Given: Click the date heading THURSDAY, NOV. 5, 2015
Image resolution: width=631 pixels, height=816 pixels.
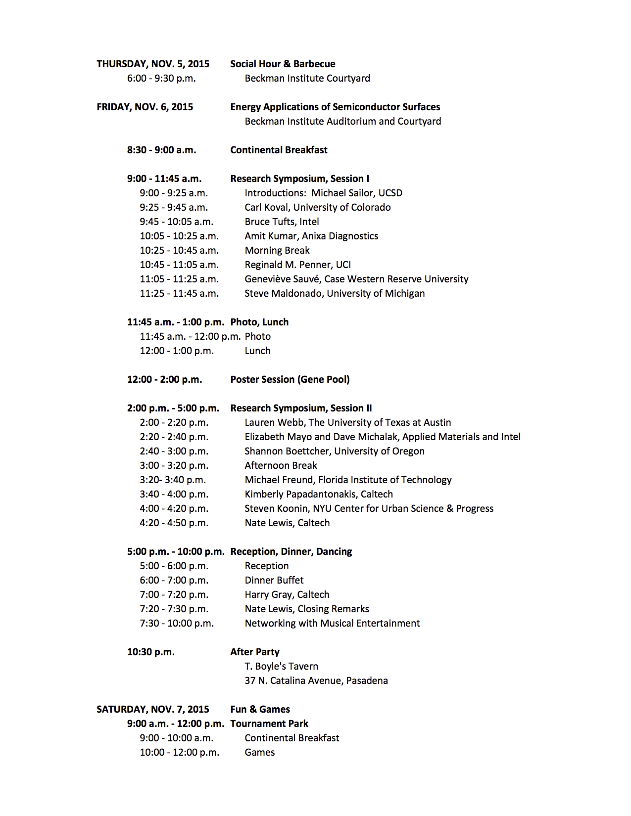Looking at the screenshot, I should pos(153,64).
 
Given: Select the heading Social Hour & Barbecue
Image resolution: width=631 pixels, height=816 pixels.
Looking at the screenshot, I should pos(283,64).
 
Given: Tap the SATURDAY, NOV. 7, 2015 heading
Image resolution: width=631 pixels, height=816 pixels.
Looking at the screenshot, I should pos(153,709).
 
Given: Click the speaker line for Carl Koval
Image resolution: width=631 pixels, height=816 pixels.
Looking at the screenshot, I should pos(317,207).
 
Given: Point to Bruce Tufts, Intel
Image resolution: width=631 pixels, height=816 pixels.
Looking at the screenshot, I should pos(282,222).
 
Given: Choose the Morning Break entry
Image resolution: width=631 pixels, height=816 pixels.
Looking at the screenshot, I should pos(277,250).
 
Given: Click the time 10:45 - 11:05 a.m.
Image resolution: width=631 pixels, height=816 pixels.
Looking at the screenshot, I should pos(179,265).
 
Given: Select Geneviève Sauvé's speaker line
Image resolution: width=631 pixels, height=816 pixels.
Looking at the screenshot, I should pos(356,279).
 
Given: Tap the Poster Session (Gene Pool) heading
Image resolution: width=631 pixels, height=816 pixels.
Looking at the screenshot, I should pos(290,379).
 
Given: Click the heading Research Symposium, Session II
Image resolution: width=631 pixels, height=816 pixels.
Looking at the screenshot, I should pos(301,408).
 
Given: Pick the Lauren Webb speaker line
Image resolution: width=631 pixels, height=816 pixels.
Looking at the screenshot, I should pos(347,422).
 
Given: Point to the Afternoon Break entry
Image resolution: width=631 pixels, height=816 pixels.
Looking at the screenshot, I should pos(281,465).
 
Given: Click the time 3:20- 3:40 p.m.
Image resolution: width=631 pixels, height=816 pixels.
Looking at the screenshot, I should pos(173,480).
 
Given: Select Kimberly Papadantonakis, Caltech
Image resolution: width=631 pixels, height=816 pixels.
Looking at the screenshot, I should pos(319,494).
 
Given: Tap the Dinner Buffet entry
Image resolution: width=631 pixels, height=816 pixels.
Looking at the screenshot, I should pos(274,580).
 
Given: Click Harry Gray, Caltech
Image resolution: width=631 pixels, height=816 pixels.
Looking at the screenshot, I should pos(287,594).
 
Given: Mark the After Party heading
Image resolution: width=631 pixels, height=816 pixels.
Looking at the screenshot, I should pos(255,652).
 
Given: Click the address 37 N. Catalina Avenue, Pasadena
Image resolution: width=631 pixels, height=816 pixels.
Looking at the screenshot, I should pos(316,680).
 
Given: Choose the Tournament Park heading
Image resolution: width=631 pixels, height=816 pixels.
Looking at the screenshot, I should pos(269,724).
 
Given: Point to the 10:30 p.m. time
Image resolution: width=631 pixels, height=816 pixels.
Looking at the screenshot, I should pos(151,652).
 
